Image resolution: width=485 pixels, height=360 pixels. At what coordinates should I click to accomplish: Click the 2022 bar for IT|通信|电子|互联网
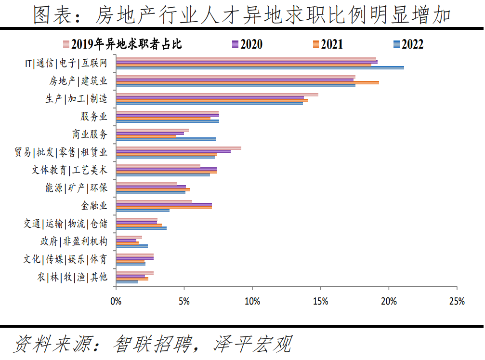tap(260, 67)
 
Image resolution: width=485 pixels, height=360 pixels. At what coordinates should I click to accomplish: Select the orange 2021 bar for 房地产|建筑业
tap(248, 82)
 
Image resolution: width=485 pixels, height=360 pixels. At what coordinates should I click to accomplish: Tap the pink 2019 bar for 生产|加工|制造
tap(217, 94)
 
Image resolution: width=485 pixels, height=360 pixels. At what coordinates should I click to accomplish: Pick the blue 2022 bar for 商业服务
tap(166, 139)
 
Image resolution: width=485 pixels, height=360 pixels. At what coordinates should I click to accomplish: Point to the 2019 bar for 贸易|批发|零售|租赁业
tap(179, 148)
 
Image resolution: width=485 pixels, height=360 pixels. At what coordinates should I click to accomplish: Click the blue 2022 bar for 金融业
tap(143, 210)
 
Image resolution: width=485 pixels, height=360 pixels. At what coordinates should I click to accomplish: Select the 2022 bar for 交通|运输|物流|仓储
tap(141, 228)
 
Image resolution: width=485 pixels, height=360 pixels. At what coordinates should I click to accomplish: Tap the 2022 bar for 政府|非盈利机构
tap(132, 246)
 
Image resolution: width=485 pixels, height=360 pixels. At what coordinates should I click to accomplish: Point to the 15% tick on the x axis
tap(320, 302)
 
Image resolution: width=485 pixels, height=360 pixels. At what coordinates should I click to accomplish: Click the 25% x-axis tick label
tap(457, 302)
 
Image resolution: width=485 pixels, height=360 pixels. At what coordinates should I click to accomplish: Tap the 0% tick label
tap(116, 302)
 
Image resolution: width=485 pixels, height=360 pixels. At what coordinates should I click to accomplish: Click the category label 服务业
tap(94, 117)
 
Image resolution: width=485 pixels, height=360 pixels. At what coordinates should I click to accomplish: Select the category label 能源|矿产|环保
tap(76, 188)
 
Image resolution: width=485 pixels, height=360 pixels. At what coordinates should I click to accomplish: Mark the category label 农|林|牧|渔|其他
tap(72, 277)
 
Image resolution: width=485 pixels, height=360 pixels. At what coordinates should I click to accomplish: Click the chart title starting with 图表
tap(242, 15)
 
